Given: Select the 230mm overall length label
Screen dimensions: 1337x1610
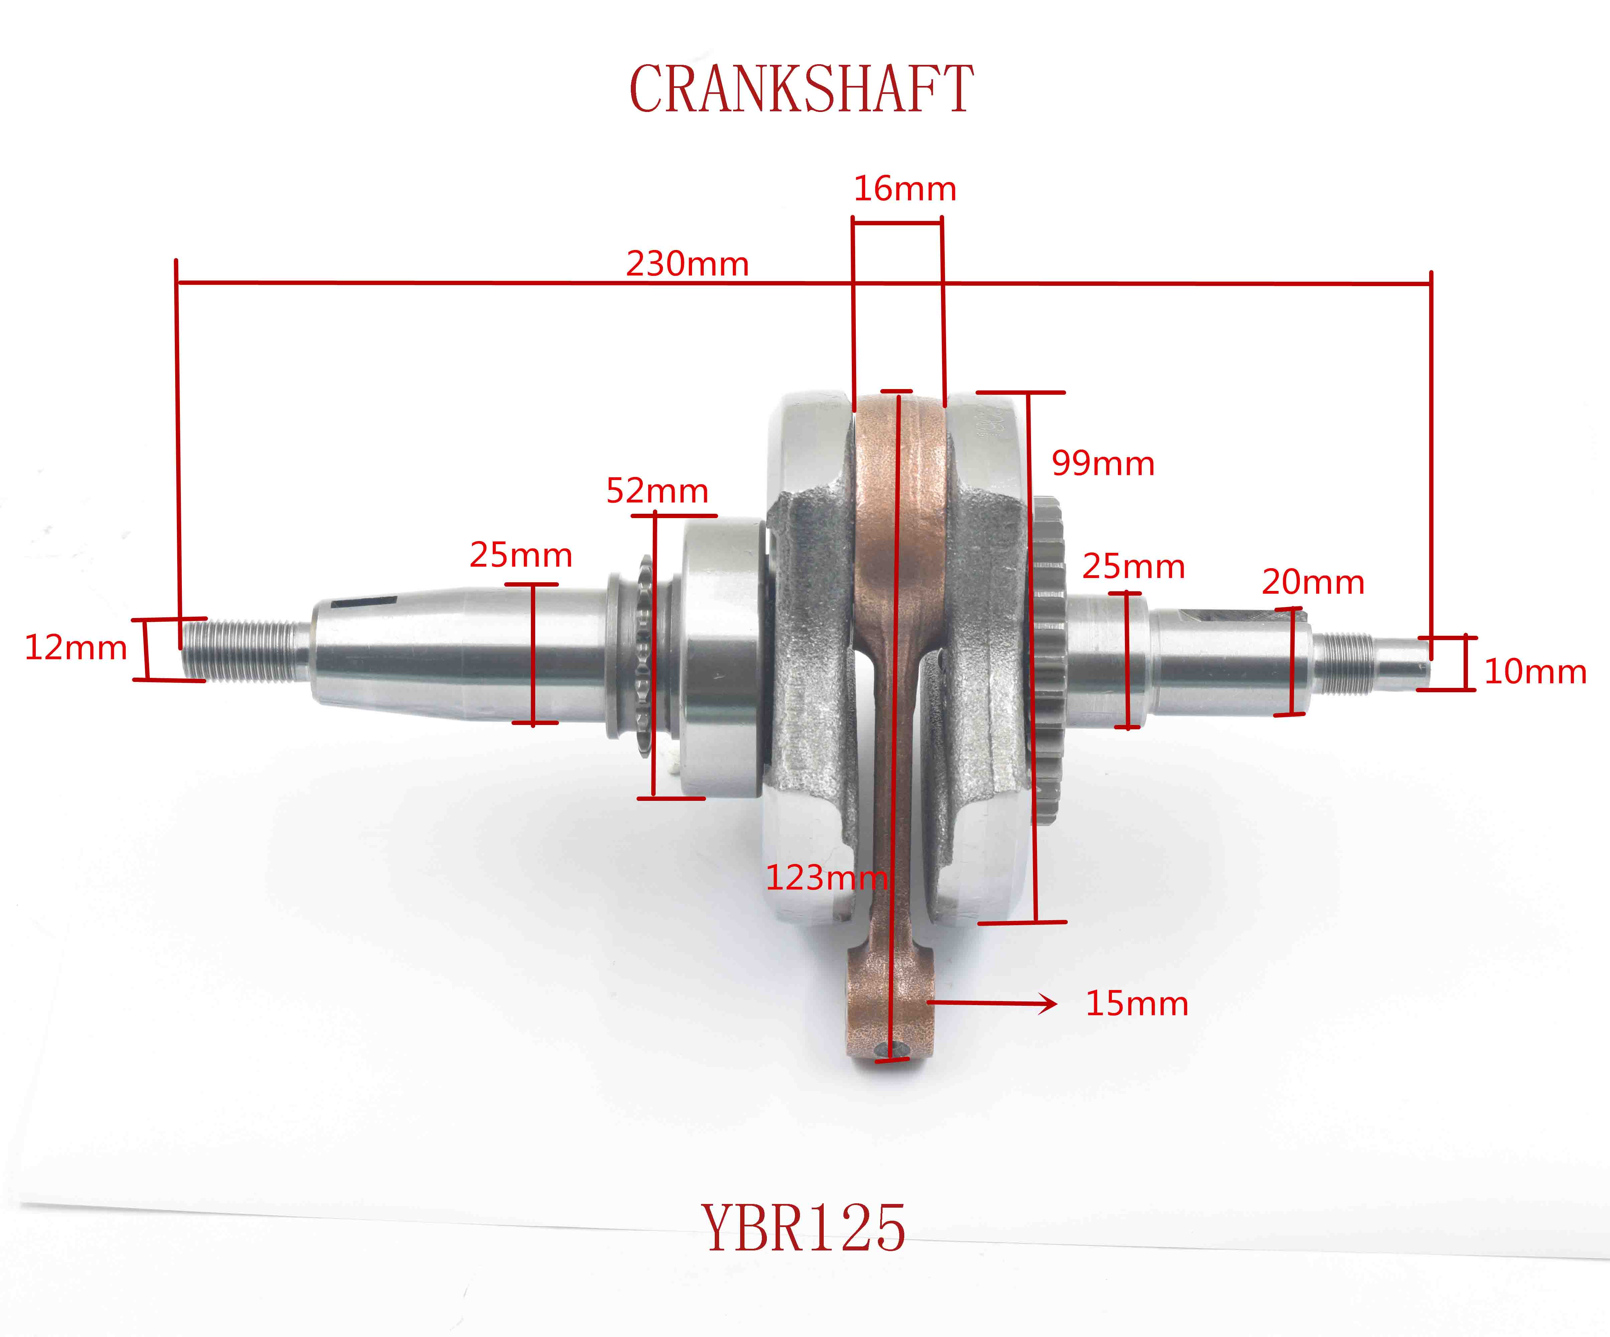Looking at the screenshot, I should pos(687,264).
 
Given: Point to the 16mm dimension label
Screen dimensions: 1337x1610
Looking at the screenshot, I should pos(905,189).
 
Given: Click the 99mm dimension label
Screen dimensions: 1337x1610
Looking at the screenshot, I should pos(1103,463).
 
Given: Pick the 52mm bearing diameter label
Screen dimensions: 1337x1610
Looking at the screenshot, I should pos(657,491).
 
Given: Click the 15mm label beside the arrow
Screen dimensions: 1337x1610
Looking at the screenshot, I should pos(1136,1003).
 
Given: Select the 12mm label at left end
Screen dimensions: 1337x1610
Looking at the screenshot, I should pos(75,648).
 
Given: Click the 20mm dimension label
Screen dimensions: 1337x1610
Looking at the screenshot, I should pos(1312,582).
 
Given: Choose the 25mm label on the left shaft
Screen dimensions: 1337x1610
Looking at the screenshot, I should pos(521,554).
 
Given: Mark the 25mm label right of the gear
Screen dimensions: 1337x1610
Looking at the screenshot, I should pos(1133,567).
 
